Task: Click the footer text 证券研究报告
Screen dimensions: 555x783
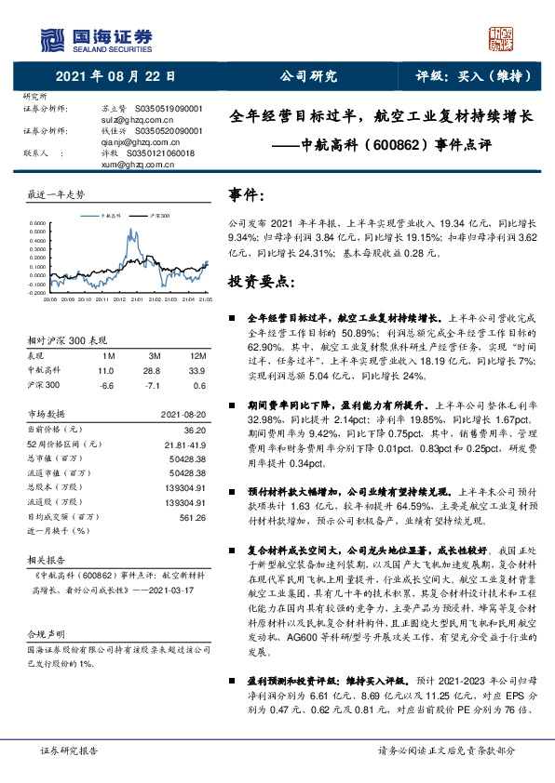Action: click(x=72, y=750)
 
